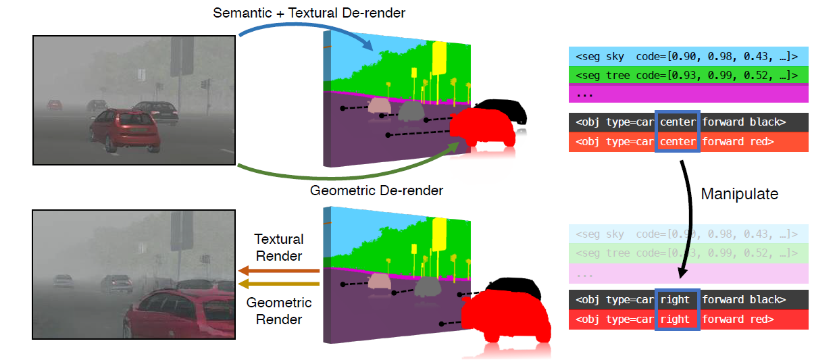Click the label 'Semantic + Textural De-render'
(309, 13)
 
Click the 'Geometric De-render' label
(376, 190)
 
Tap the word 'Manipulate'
(739, 195)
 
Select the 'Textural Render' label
(278, 247)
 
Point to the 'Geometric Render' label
(278, 311)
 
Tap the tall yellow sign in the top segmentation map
(439, 57)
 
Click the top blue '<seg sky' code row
(688, 56)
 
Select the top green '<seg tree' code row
(688, 75)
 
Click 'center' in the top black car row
(677, 122)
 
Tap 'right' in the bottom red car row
(676, 319)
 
